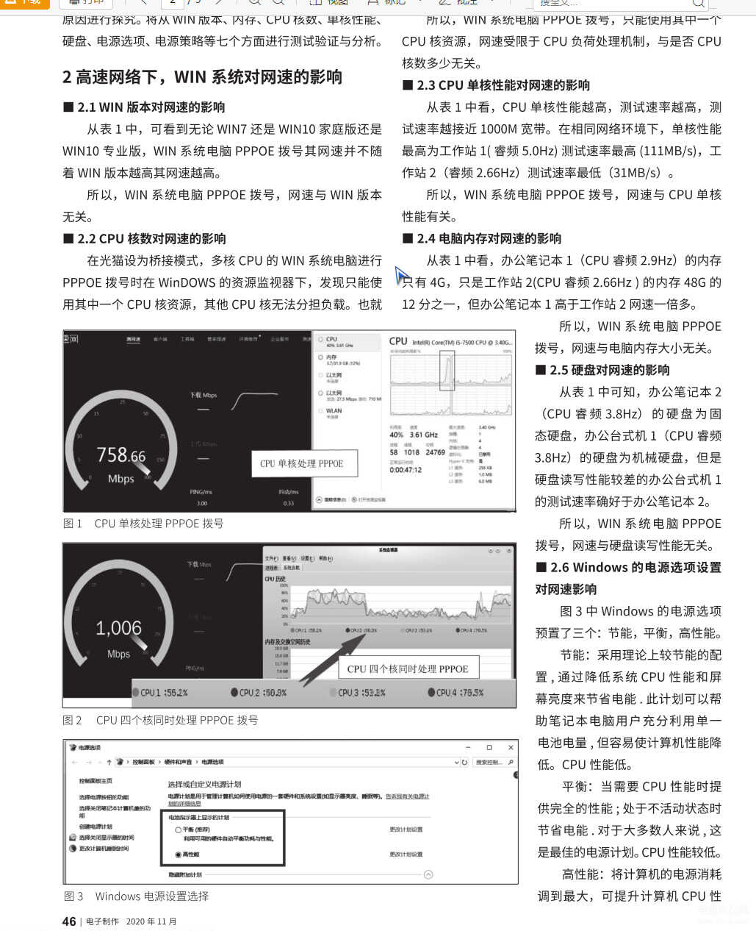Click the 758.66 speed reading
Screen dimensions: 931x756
121,455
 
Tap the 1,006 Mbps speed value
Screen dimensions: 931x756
118,628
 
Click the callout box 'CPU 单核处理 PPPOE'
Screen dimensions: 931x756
301,463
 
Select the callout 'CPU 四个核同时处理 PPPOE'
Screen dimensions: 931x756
408,668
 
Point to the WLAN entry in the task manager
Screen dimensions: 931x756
334,411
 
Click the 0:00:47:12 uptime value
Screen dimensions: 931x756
406,470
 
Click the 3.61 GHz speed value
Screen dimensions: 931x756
423,435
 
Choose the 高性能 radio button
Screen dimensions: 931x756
179,855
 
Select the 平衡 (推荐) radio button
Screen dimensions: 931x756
179,830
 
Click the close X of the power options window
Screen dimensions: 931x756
508,747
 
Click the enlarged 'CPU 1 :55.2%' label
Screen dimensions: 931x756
160,693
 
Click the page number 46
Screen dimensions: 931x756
69,921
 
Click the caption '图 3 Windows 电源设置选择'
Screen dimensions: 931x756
137,896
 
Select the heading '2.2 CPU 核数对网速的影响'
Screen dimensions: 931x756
145,239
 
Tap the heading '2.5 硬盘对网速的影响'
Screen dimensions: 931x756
602,370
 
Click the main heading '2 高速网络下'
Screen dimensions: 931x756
202,77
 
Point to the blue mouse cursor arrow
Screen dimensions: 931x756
401,276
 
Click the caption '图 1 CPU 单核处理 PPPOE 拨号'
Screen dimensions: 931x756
143,524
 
